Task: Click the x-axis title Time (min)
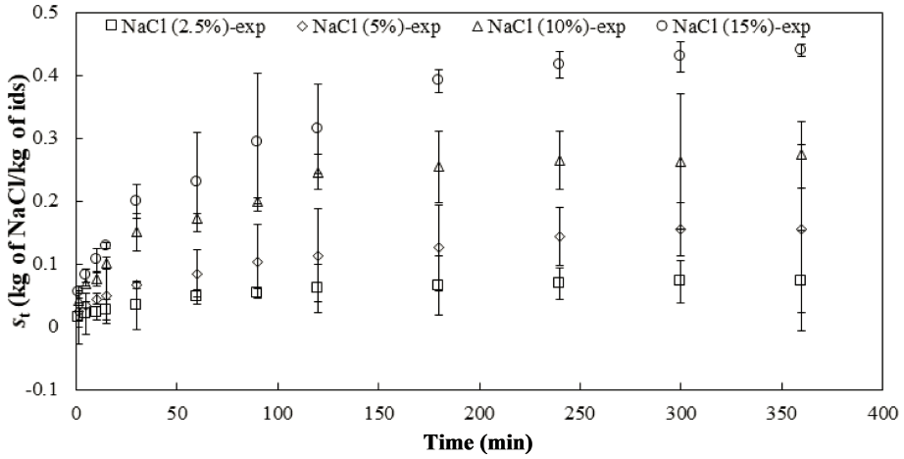click(478, 442)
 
